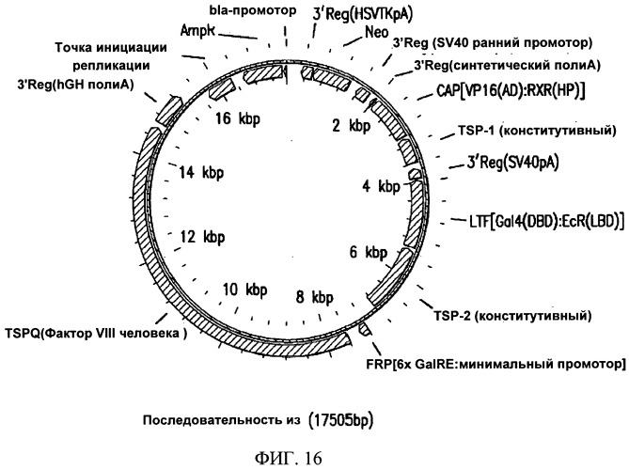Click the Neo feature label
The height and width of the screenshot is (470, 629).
[377, 32]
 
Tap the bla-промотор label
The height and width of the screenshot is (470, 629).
[253, 10]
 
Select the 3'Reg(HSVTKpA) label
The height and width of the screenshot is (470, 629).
[363, 14]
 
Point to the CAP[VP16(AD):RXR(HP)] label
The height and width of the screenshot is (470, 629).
[511, 91]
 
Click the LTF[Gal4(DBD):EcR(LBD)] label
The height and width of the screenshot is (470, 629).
[547, 221]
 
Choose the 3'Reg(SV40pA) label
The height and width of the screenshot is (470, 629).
[512, 163]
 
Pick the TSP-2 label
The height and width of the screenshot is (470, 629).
[512, 316]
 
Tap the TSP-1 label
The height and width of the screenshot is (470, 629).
[537, 131]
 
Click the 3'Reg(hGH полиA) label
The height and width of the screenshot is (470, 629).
[75, 85]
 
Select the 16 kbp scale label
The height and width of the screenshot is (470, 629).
[238, 119]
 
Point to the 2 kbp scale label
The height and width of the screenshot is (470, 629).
[352, 126]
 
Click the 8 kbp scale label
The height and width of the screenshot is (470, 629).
[314, 297]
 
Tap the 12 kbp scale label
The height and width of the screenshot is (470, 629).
[202, 237]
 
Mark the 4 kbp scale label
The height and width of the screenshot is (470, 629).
[381, 186]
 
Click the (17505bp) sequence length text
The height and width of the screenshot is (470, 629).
[341, 420]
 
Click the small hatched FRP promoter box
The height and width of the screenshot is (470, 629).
[365, 329]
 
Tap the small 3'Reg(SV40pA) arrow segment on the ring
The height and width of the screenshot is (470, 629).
[415, 174]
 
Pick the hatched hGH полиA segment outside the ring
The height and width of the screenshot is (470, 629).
[168, 110]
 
